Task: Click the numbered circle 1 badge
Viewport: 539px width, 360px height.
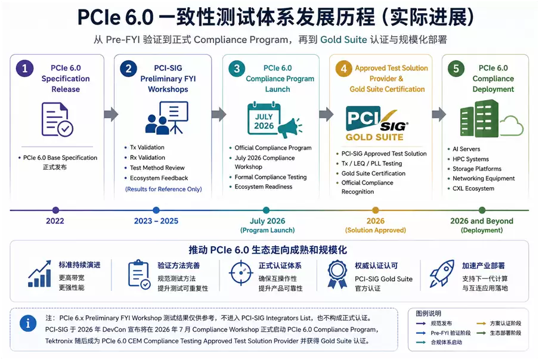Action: tap(25, 69)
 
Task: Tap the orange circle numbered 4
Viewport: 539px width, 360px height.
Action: tap(344, 69)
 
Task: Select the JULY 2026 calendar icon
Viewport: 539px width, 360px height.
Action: tap(264, 119)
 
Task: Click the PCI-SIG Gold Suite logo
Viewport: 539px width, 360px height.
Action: tap(377, 123)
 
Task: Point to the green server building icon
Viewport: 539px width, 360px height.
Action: tap(479, 119)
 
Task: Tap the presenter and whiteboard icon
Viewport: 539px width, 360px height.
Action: tap(167, 118)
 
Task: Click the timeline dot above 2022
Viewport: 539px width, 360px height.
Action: tap(55, 210)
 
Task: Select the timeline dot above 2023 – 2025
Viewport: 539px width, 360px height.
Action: tap(156, 210)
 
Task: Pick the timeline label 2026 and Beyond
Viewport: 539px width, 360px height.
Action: tap(482, 221)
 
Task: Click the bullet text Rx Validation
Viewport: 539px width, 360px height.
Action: tap(147, 157)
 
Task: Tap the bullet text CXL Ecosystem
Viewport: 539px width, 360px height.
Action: tap(473, 188)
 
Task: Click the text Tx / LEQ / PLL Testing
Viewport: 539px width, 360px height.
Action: tap(371, 163)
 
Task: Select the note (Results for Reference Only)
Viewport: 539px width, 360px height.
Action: tap(163, 189)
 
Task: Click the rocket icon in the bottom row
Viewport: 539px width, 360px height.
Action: tap(442, 274)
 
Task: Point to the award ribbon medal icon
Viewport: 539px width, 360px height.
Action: tap(337, 274)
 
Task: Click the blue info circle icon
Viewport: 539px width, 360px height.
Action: tap(28, 323)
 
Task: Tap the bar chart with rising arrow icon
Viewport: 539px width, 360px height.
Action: tap(39, 274)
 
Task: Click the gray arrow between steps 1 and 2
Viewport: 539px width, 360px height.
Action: tap(111, 114)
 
